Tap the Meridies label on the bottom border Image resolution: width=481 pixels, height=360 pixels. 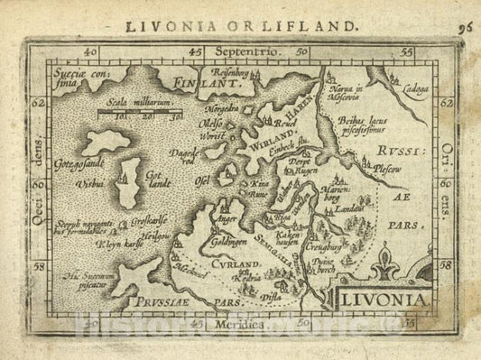coord(240,322)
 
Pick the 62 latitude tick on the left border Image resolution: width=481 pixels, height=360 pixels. coord(37,104)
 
